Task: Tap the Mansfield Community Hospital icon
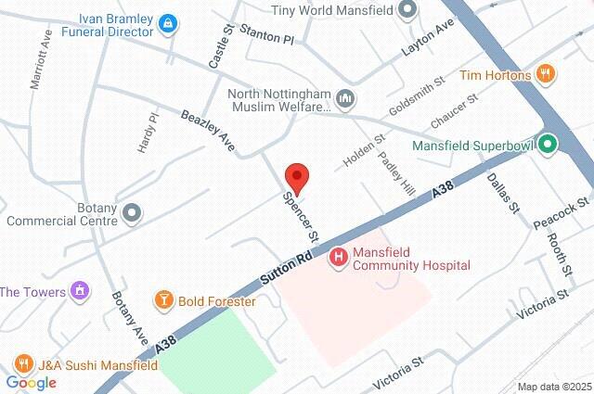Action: (x=339, y=256)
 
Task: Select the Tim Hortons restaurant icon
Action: (x=547, y=74)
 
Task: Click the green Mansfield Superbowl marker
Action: (x=548, y=145)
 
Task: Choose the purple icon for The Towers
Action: (x=81, y=291)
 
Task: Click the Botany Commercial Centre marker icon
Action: (x=132, y=212)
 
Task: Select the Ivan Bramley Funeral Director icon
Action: (x=167, y=22)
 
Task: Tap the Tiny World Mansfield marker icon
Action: (x=407, y=10)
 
